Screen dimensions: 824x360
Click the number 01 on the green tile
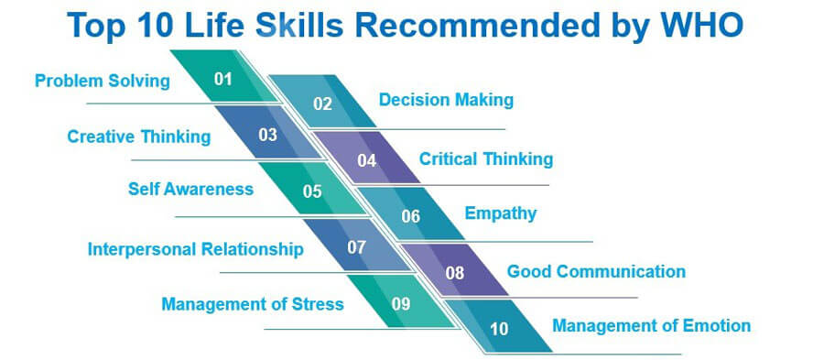point(222,79)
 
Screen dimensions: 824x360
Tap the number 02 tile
point(322,101)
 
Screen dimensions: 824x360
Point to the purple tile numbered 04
point(366,158)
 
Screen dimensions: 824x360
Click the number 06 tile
point(410,214)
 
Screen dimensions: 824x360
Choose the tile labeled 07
point(356,245)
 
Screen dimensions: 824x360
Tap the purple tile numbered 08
point(454,270)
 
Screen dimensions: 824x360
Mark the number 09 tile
point(400,301)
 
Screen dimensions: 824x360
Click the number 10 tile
point(499,326)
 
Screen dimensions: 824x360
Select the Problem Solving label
point(103,82)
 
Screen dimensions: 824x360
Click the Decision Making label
point(446,100)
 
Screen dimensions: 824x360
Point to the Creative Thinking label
point(139,136)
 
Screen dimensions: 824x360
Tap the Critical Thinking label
point(486,158)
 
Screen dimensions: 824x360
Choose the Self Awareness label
point(190,190)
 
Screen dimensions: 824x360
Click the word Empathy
point(501,214)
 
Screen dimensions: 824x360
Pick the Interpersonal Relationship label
point(196,248)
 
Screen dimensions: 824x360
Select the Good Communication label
point(596,271)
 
